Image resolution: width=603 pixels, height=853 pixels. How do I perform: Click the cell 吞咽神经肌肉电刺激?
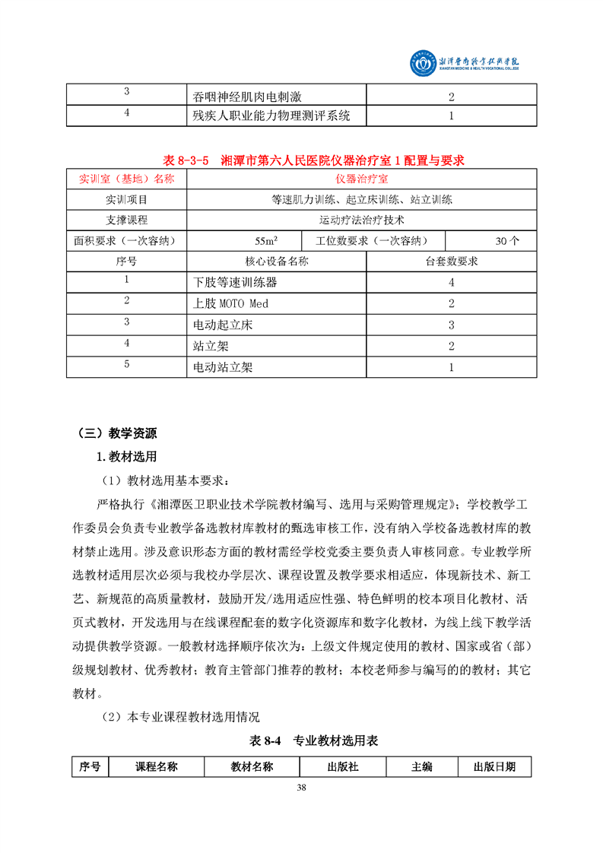click(248, 97)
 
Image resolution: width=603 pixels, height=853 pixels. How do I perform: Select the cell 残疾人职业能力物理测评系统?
click(272, 116)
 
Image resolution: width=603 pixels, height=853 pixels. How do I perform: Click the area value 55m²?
click(265, 241)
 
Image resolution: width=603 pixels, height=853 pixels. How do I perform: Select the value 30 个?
click(507, 241)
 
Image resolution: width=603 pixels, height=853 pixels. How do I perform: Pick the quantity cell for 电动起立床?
click(451, 325)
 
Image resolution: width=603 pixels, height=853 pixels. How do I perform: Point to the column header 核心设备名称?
click(277, 262)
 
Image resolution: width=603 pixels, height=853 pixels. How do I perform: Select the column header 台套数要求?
click(451, 262)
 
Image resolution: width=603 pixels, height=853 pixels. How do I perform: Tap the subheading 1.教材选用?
click(125, 457)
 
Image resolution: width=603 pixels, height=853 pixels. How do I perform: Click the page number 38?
click(301, 787)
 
